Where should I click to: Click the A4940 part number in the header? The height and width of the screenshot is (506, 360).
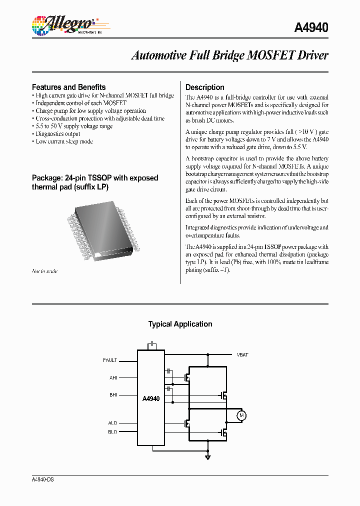(x=310, y=27)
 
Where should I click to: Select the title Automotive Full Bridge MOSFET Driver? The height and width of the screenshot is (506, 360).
(x=229, y=55)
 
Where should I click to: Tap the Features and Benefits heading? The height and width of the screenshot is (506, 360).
(x=68, y=87)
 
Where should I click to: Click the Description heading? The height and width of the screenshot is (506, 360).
(x=204, y=87)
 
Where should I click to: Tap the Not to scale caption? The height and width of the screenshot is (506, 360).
(x=44, y=271)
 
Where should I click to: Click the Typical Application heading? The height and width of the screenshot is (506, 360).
(x=180, y=324)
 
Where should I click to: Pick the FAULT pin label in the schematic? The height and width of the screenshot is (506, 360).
(x=110, y=360)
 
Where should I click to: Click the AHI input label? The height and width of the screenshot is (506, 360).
(x=113, y=378)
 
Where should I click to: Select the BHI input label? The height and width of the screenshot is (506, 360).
(x=113, y=395)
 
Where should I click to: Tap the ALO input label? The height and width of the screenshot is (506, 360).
(x=112, y=423)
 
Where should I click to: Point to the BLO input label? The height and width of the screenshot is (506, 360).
(x=112, y=431)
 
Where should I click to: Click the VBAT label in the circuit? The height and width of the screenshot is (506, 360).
(x=242, y=354)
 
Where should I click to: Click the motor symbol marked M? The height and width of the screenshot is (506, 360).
(x=241, y=415)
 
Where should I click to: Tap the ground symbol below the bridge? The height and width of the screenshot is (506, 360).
(x=207, y=456)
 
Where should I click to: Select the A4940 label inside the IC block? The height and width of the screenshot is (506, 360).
(x=150, y=399)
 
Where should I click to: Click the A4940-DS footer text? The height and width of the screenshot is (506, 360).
(x=42, y=479)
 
